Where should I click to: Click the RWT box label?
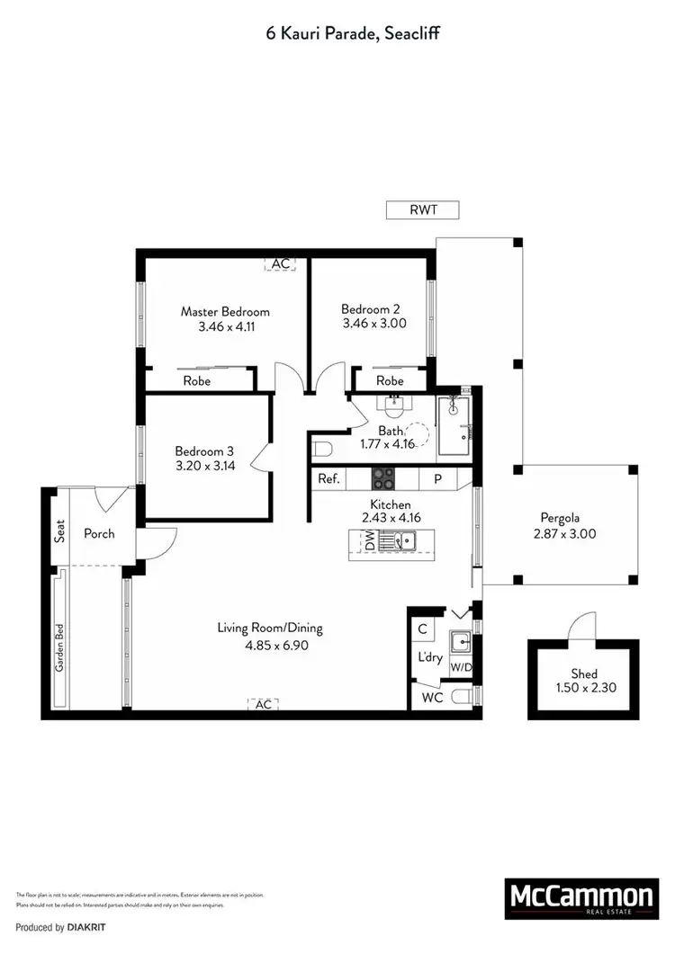click(422, 210)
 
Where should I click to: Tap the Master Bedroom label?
click(225, 312)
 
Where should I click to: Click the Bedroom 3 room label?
click(204, 450)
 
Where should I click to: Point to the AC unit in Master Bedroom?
click(281, 263)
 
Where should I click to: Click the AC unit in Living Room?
click(263, 705)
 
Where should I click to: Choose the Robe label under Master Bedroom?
click(197, 381)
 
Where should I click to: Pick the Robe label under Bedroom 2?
click(390, 381)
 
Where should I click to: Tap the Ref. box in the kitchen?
click(328, 479)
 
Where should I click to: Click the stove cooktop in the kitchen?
click(382, 478)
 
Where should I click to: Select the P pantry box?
click(438, 479)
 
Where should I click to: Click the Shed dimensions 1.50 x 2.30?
click(583, 688)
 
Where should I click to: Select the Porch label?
click(99, 533)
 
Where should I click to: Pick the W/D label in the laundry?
click(461, 668)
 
